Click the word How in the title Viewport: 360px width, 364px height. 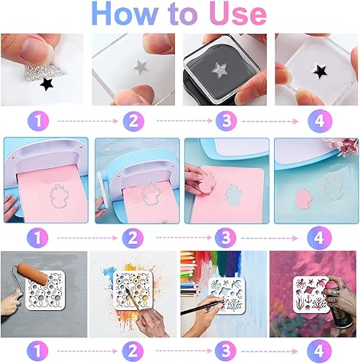125,14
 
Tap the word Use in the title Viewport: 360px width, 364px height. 238,14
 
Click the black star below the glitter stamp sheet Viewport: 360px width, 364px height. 47,84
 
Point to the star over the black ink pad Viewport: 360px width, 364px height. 219,70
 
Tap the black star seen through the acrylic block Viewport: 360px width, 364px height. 319,71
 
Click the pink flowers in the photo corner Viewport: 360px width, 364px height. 345,146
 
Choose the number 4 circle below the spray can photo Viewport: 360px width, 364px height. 319,351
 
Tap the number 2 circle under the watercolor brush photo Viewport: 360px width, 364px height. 133,351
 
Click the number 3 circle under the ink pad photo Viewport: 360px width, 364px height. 227,120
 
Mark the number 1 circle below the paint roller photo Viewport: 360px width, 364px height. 38,351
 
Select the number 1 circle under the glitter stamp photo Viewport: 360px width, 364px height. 39,120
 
